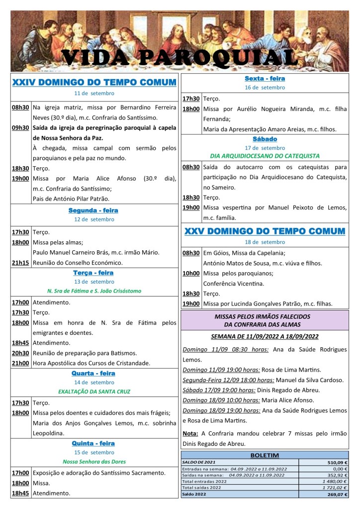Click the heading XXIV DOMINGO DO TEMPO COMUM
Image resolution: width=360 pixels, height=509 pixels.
click(94, 82)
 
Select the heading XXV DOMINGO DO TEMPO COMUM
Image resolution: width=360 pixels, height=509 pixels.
click(265, 231)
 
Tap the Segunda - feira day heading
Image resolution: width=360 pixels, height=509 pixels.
click(93, 210)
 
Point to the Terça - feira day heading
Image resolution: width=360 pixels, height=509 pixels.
click(93, 273)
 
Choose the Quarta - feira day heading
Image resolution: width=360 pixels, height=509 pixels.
click(93, 373)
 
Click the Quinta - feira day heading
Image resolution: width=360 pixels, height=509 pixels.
click(93, 443)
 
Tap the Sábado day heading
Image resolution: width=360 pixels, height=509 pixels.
click(265, 139)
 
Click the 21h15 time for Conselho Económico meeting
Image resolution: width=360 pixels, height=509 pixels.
click(20, 263)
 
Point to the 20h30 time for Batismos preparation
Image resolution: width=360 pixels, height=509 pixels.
click(20, 353)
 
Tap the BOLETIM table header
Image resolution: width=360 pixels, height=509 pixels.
click(265, 455)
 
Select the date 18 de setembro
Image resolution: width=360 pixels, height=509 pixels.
click(265, 242)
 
